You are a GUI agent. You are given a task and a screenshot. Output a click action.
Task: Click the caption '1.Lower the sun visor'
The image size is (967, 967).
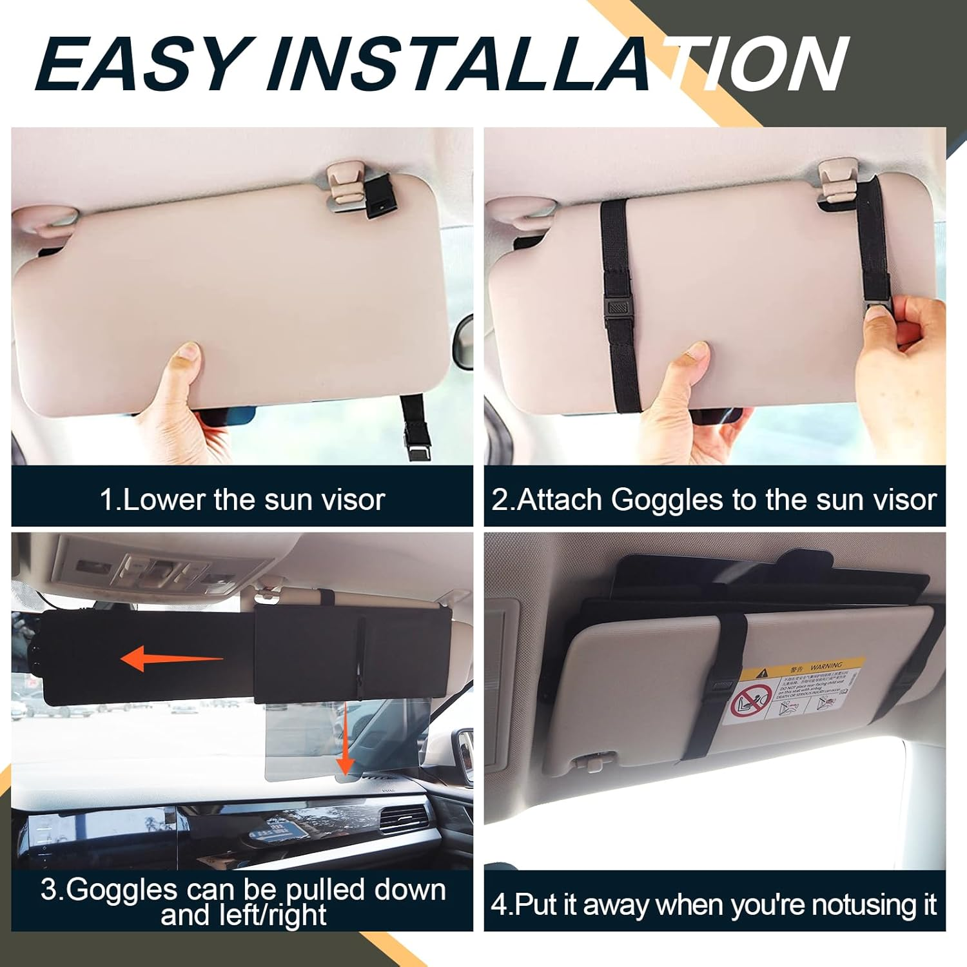coord(242,500)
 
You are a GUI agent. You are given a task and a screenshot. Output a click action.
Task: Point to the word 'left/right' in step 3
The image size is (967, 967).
coord(244,915)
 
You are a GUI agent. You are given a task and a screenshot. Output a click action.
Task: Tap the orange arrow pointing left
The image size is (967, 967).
coord(171,659)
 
